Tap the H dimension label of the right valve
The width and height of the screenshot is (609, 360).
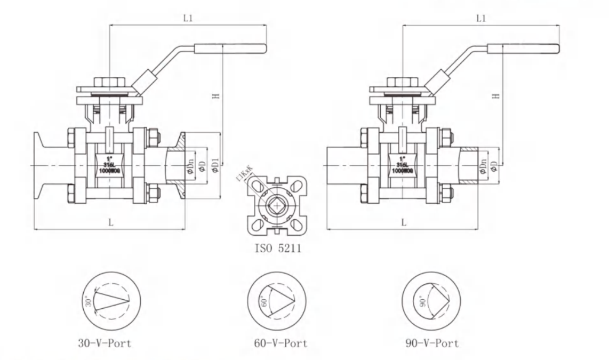496,96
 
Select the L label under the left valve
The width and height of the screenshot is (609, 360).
110,222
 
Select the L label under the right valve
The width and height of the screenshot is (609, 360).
404,222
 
